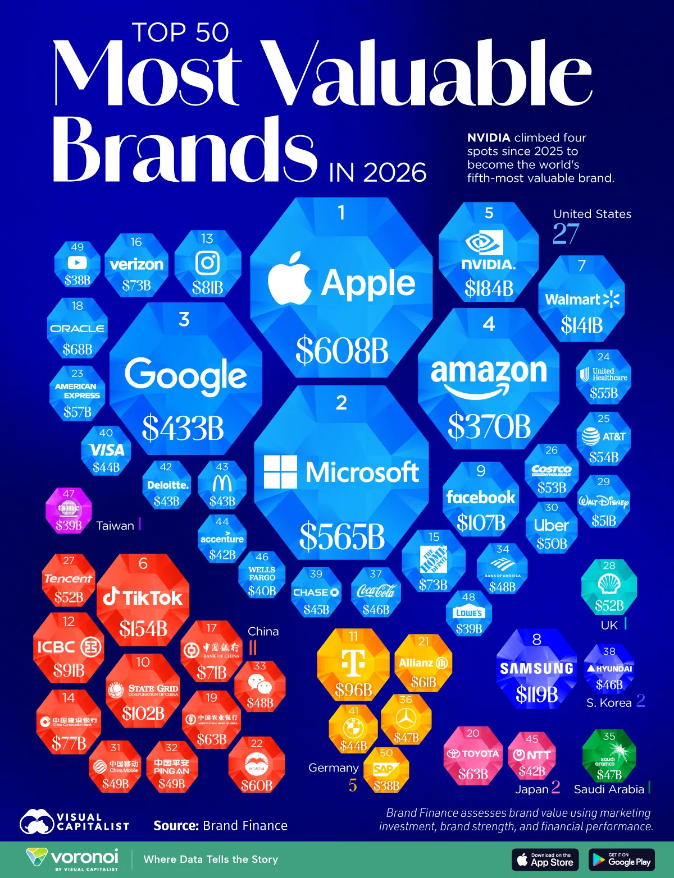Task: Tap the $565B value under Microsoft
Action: tap(341, 536)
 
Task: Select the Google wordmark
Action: tap(185, 375)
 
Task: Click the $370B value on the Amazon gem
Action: tap(489, 426)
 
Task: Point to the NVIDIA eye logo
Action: tap(484, 243)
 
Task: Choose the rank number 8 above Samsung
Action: tap(536, 640)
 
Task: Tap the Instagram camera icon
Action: tap(207, 263)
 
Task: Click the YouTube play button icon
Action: tap(77, 263)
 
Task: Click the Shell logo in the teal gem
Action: tap(609, 585)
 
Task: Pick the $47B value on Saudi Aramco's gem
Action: tap(609, 775)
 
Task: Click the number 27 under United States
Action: tap(565, 234)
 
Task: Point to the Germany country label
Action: tap(333, 767)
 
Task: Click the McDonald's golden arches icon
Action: tap(222, 484)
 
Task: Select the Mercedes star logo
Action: tap(406, 718)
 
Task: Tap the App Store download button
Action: tap(545, 859)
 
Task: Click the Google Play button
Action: tap(622, 859)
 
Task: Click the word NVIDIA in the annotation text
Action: tap(489, 138)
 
